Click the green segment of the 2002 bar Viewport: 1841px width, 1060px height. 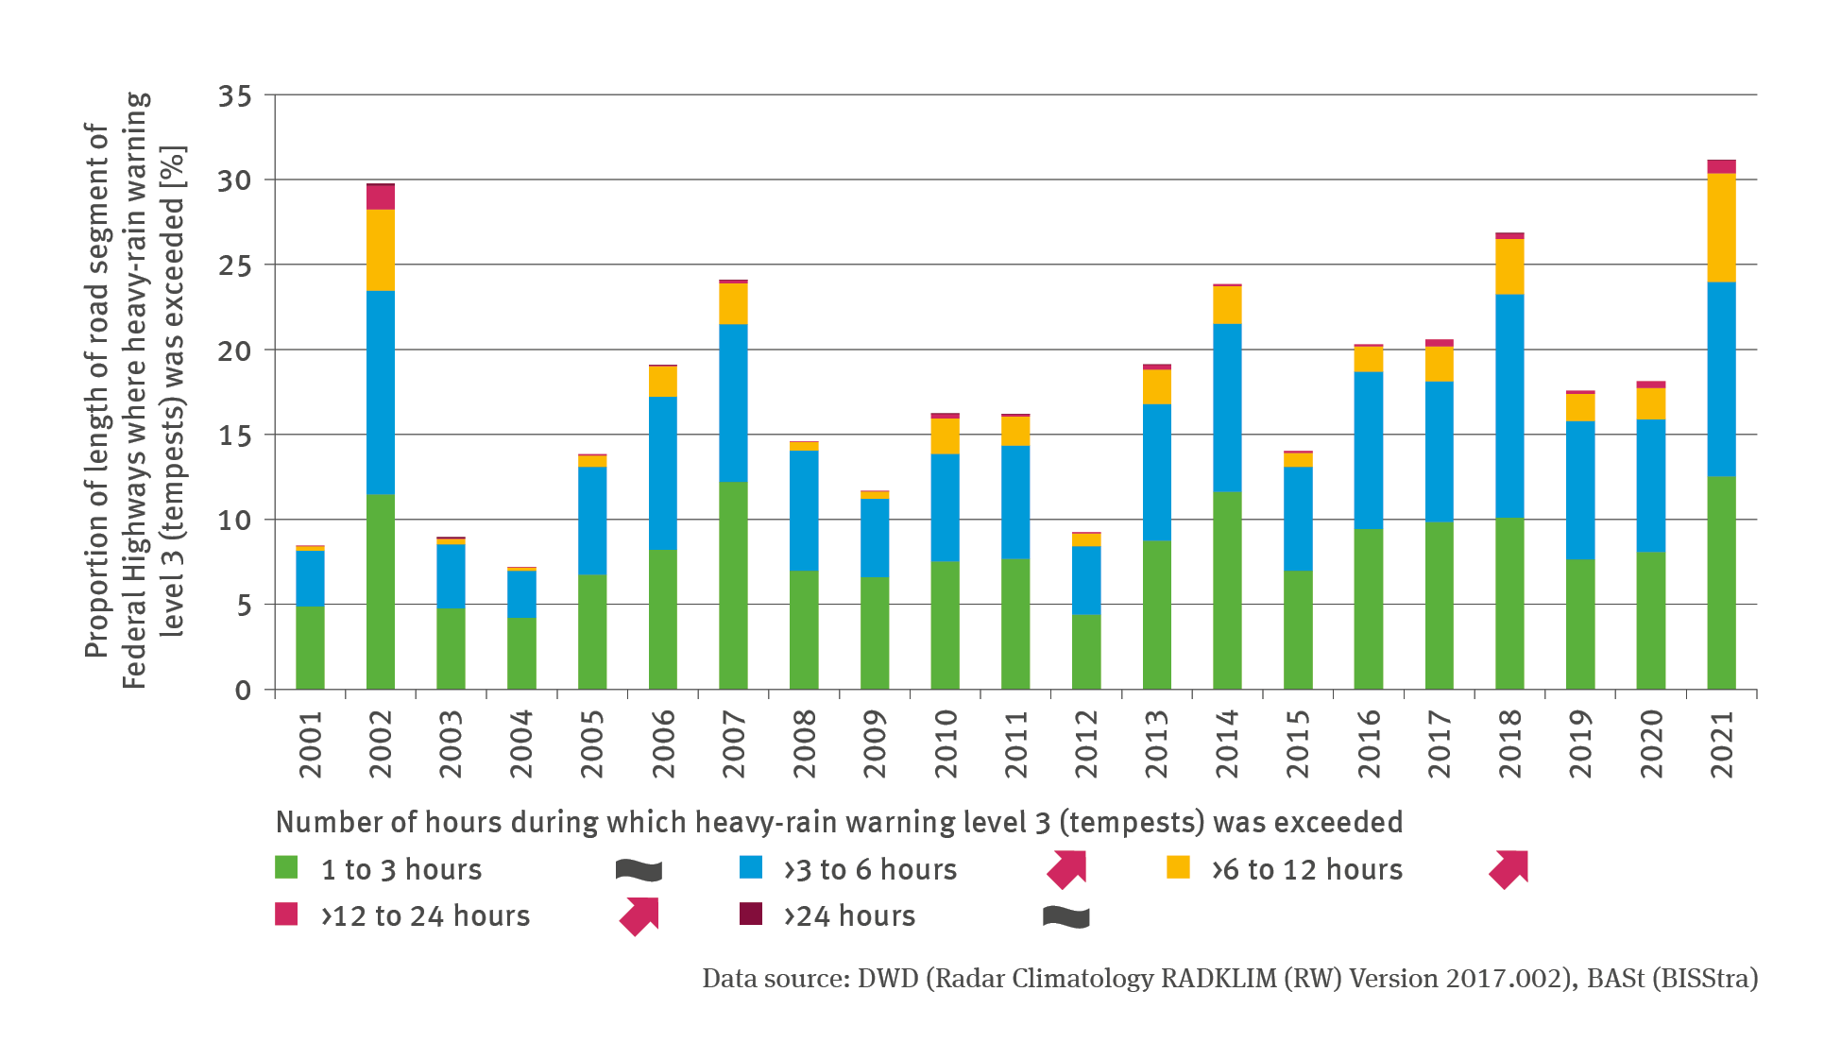pyautogui.click(x=380, y=591)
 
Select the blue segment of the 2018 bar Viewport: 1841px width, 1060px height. pyautogui.click(x=1509, y=406)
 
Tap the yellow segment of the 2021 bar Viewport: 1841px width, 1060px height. pyautogui.click(x=1721, y=228)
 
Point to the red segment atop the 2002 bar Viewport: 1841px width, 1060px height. pyautogui.click(x=380, y=197)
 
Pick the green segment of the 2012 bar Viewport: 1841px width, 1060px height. pyautogui.click(x=1086, y=652)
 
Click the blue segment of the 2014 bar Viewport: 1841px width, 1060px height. pyautogui.click(x=1227, y=408)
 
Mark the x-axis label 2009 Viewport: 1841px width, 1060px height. pyautogui.click(x=875, y=744)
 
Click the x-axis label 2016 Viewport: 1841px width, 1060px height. pyautogui.click(x=1369, y=744)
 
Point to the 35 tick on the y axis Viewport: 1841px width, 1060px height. pyautogui.click(x=235, y=96)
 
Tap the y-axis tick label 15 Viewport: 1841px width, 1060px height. pyautogui.click(x=235, y=436)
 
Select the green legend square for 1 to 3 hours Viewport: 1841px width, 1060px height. pyautogui.click(x=286, y=867)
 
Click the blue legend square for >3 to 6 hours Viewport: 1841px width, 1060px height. pyautogui.click(x=751, y=867)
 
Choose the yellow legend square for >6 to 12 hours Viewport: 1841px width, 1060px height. pyautogui.click(x=1178, y=867)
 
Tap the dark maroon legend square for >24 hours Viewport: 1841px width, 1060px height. pyautogui.click(x=751, y=914)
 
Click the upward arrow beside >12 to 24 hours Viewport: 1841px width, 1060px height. pyautogui.click(x=639, y=916)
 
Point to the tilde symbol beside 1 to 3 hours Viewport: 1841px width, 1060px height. pyautogui.click(x=639, y=870)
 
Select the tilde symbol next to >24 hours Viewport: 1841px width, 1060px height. pyautogui.click(x=1065, y=916)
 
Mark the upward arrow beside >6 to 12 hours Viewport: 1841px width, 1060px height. pyautogui.click(x=1509, y=869)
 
